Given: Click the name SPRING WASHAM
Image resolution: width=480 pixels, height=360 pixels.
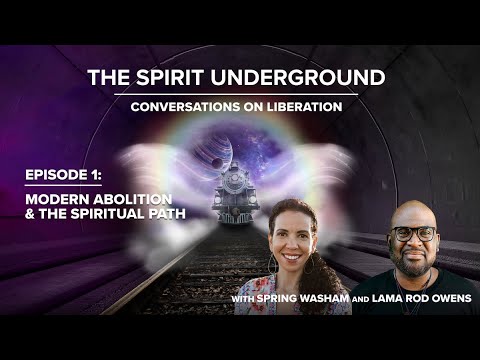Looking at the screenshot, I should pyautogui.click(x=297, y=298).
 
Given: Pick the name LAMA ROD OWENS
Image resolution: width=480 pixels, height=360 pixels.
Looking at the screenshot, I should pyautogui.click(x=409, y=298).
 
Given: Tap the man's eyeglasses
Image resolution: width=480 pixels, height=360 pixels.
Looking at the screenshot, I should pyautogui.click(x=413, y=234).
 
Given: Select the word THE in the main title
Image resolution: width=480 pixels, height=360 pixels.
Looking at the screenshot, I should pyautogui.click(x=108, y=77).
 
